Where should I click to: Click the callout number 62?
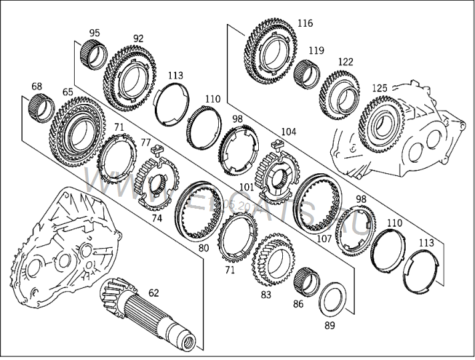pos(154,292)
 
